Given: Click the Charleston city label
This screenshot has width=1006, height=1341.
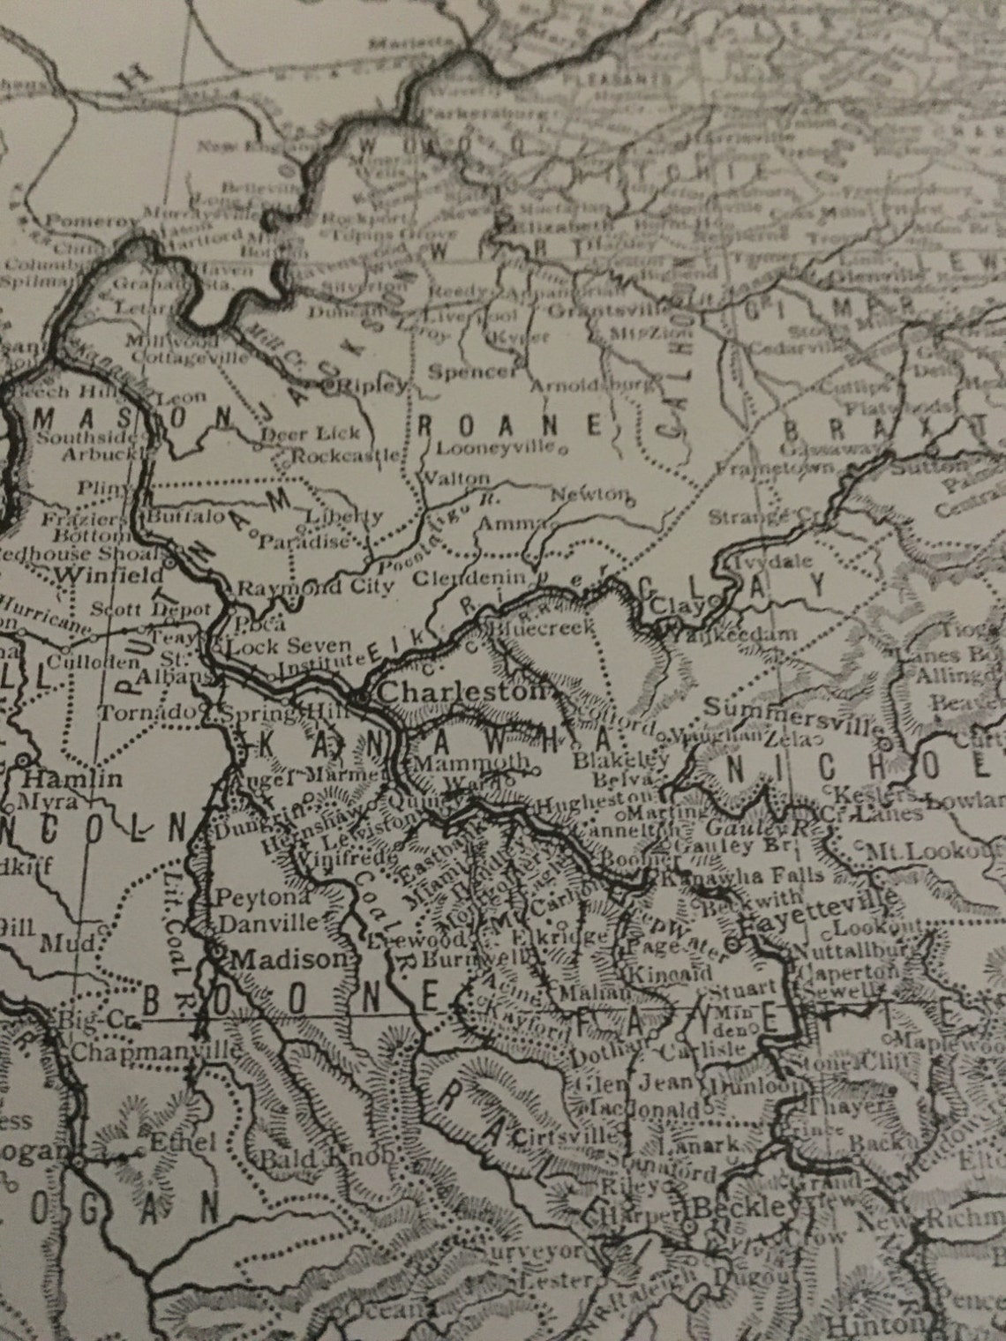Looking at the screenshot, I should tap(462, 693).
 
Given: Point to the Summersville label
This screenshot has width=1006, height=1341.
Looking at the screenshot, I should tap(793, 710).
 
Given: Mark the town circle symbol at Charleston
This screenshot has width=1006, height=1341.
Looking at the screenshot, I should tap(363, 697).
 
